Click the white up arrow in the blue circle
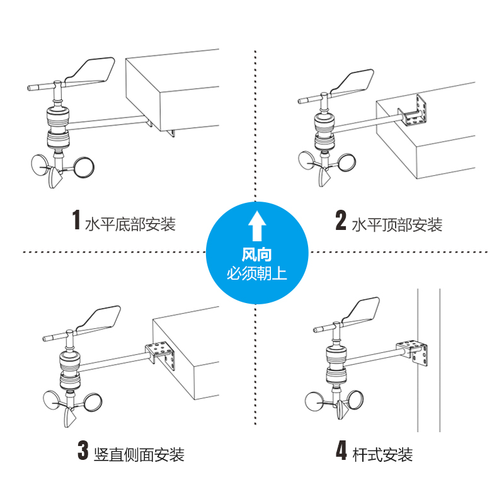pos(257,226)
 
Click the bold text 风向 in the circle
pos(256,255)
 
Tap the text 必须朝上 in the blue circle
pos(256,274)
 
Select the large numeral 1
pos(76,220)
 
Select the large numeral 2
pos(341,220)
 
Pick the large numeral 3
pos(83,450)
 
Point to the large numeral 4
pos(341,450)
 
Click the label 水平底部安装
pos(130,224)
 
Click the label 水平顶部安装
pos(397,224)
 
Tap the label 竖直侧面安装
pos(139,454)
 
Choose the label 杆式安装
pos(382,454)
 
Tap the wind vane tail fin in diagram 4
pos(362,311)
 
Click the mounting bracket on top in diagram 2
pos(414,112)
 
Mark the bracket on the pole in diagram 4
pos(414,352)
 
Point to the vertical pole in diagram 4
pos(429,360)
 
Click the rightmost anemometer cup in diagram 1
pos(84,167)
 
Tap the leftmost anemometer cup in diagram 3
pos(52,400)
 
